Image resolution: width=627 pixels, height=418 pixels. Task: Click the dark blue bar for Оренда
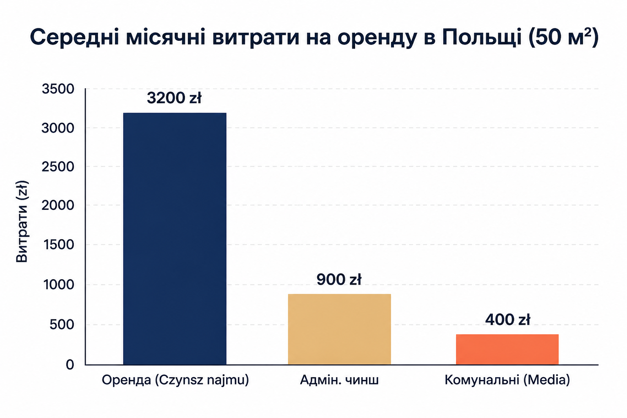(175, 239)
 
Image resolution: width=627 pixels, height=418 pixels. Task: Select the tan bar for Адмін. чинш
(339, 329)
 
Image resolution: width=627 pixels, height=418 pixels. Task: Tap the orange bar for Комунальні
(507, 349)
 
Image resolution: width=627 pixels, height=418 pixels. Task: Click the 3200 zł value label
(174, 98)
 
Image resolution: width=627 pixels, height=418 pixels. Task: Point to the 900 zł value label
(339, 279)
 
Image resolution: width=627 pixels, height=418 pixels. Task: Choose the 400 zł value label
(507, 320)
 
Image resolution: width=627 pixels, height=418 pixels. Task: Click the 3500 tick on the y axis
(58, 89)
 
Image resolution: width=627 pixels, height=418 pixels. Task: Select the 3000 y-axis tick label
(58, 128)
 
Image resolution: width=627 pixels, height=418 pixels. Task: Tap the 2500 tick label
(58, 167)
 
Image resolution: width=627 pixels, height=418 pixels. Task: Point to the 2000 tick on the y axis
(58, 205)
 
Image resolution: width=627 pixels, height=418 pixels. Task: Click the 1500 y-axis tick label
(59, 245)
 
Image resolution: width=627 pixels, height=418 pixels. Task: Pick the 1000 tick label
(59, 285)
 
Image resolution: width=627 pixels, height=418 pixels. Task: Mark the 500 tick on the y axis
(62, 325)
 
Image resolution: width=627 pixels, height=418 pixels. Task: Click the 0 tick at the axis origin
(70, 365)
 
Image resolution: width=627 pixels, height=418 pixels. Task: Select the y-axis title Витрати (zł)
(22, 222)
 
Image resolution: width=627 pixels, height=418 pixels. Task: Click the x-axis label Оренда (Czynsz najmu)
(175, 380)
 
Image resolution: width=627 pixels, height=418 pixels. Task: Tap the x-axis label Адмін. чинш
(339, 380)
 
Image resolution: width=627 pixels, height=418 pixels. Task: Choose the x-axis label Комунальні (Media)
(507, 380)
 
